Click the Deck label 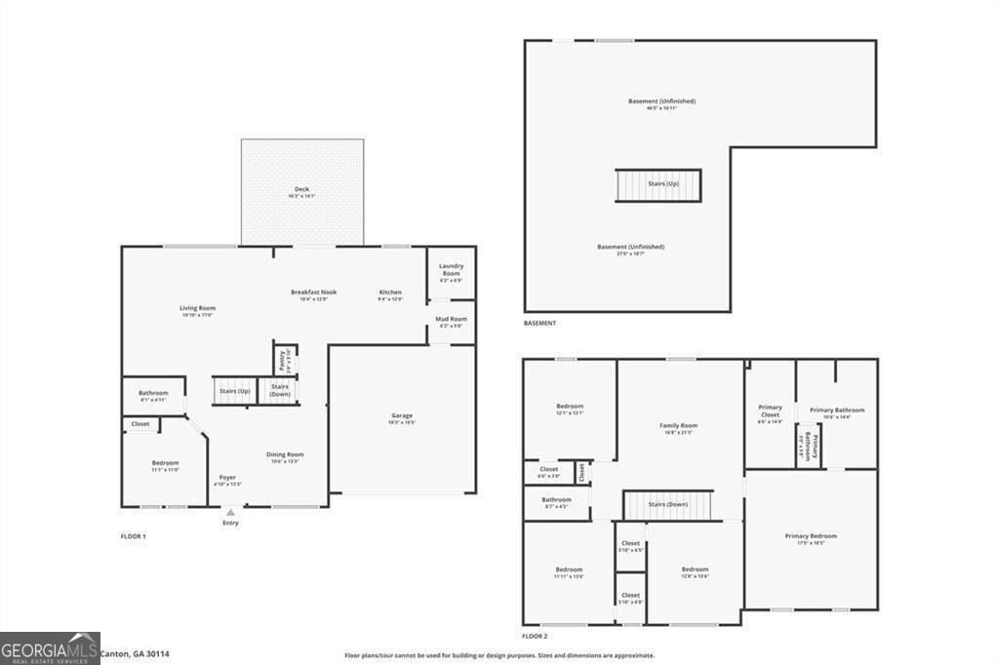tap(301, 189)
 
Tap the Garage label tap(402, 416)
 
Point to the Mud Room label tap(451, 319)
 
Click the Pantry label tap(281, 359)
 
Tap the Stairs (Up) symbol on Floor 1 tap(233, 391)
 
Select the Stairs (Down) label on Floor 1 tap(280, 390)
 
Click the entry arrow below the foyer tap(230, 512)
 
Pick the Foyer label tap(227, 478)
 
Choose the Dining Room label tap(286, 454)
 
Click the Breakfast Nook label tap(313, 293)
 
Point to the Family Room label tap(678, 426)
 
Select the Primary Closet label tap(770, 411)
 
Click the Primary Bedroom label tap(811, 536)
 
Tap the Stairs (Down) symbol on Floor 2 tap(668, 505)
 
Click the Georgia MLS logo tap(50, 647)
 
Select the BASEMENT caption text tap(539, 323)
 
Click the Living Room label tap(197, 308)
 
